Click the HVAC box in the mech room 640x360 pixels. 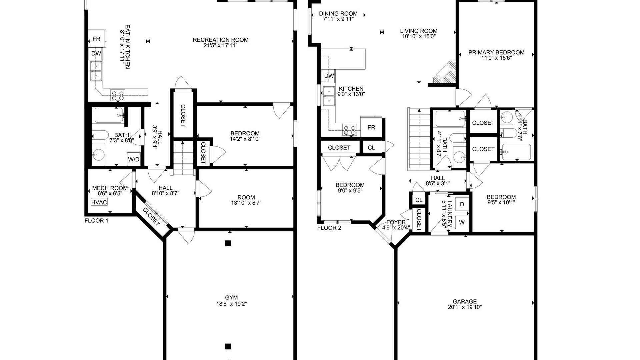(99, 202)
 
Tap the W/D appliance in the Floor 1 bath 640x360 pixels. (134, 159)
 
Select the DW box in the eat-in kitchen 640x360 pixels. (96, 53)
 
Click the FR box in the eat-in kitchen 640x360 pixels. (97, 39)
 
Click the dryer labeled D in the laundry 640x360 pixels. (462, 204)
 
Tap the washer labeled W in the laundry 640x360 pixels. (462, 222)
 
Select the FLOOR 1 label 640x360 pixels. (96, 221)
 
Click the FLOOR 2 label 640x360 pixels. (329, 228)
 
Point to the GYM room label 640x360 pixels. (231, 298)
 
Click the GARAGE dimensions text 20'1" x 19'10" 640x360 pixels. (465, 307)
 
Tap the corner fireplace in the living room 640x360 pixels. (444, 73)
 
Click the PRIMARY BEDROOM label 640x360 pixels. (496, 52)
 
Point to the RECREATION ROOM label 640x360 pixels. (221, 40)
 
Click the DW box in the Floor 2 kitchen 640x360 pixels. (329, 76)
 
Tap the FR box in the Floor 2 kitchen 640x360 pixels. (371, 127)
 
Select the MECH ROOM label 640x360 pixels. (110, 188)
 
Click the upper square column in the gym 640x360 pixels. (228, 243)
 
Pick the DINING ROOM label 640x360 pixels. (338, 14)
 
